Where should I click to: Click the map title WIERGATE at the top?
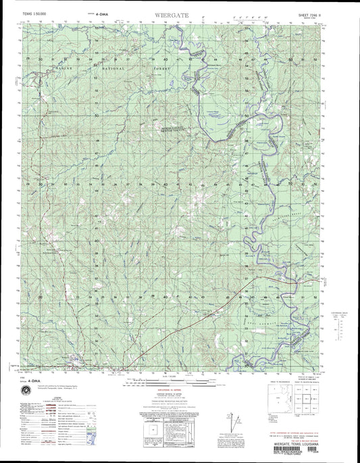coord(180,12)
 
